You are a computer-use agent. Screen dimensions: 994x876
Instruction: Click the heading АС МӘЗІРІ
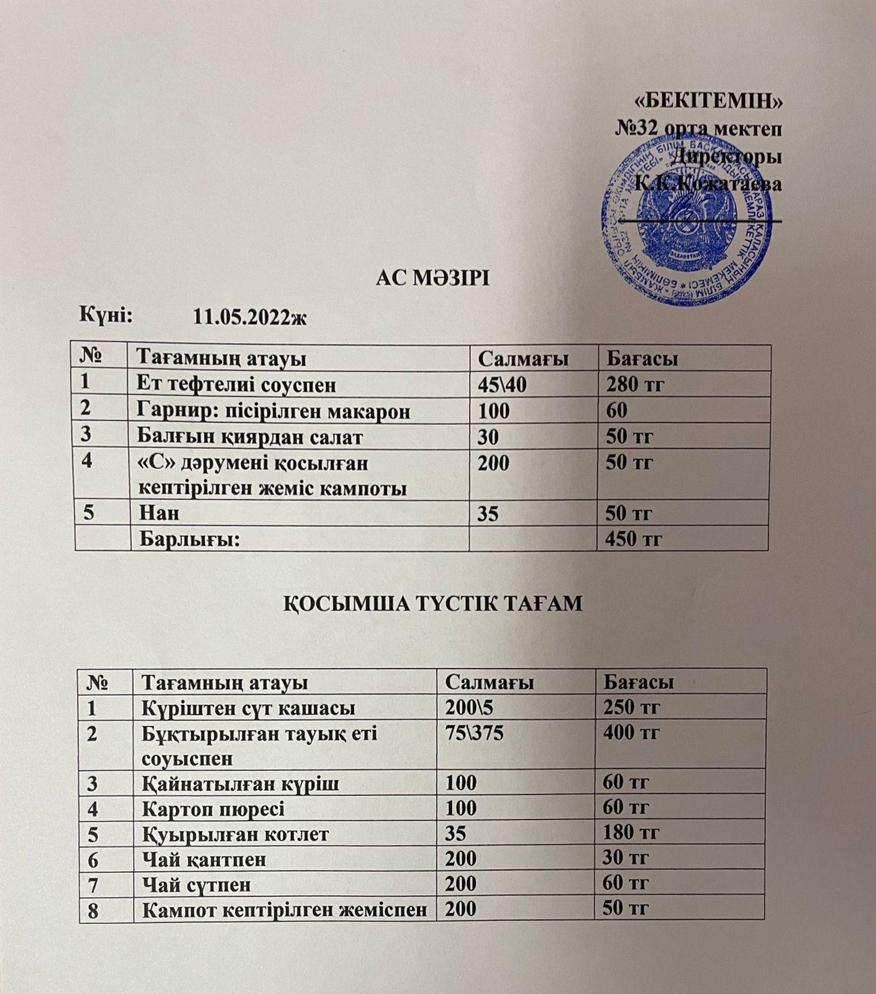click(x=433, y=278)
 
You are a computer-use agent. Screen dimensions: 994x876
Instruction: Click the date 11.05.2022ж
click(x=250, y=317)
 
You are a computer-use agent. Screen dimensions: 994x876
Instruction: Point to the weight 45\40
click(x=502, y=385)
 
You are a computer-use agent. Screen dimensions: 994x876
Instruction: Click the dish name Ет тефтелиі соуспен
click(x=236, y=385)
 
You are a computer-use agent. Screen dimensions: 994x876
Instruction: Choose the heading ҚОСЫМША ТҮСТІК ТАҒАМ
click(x=433, y=603)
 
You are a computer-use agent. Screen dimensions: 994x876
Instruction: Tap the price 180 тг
click(x=631, y=833)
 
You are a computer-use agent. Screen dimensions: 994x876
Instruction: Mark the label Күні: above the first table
click(x=105, y=315)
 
